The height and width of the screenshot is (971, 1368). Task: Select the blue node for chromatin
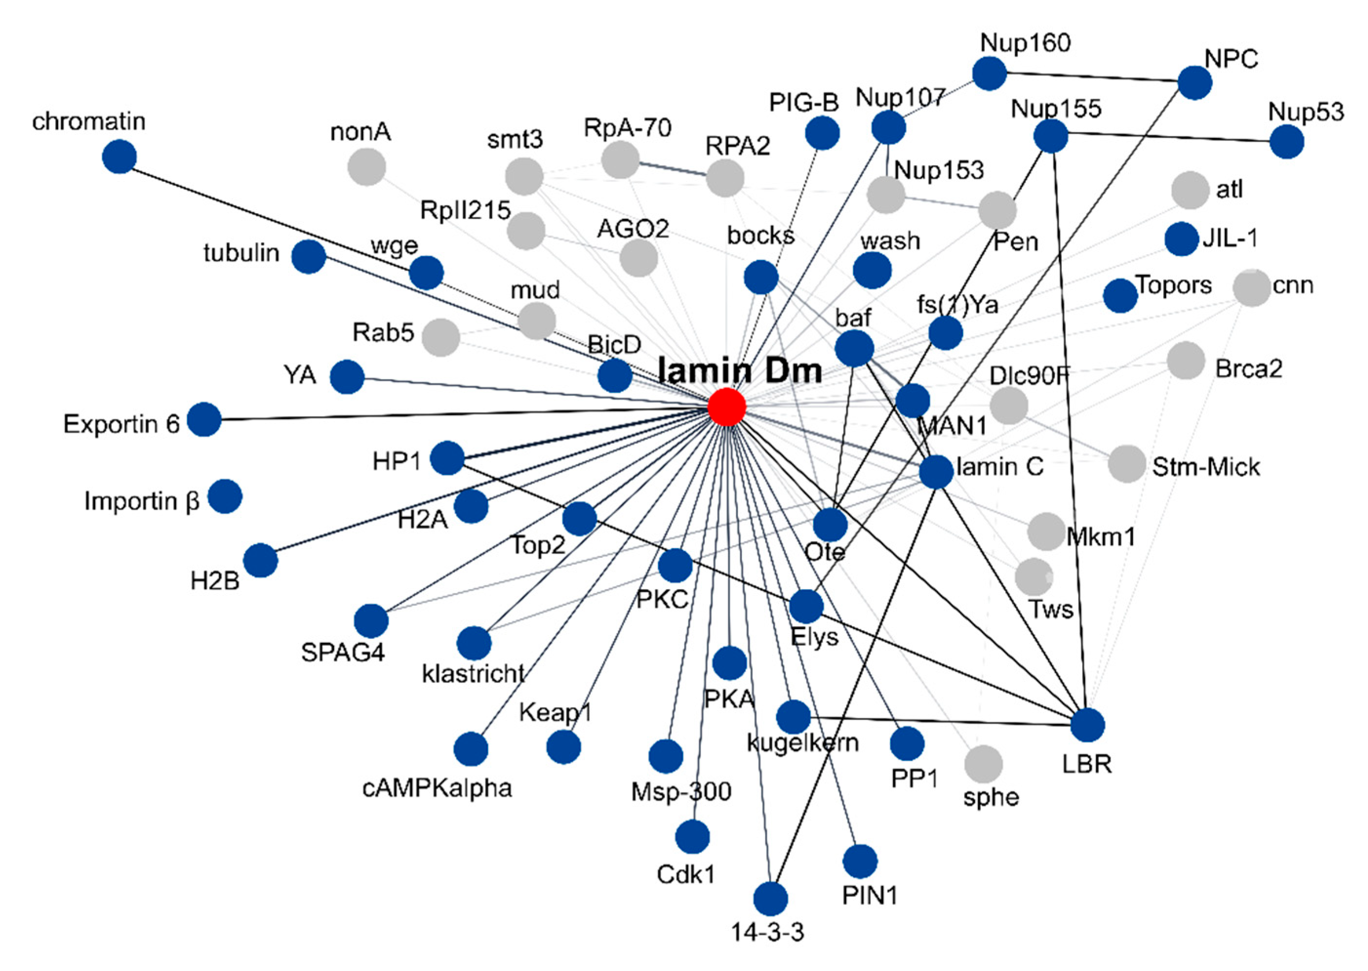tap(119, 157)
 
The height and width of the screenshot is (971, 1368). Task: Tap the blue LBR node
tap(1087, 725)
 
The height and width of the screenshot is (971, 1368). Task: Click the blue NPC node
tap(1194, 82)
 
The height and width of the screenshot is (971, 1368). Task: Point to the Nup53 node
tap(1287, 142)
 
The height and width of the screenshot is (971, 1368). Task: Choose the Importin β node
tap(225, 496)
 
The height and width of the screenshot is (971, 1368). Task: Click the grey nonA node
tap(366, 167)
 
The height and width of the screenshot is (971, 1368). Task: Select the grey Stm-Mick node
tap(1127, 463)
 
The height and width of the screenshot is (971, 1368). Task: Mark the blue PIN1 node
tap(860, 862)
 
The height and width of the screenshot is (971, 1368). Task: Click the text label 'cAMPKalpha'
tap(437, 788)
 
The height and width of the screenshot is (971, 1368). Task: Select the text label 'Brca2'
tap(1249, 368)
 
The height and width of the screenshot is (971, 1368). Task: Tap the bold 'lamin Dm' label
tap(740, 371)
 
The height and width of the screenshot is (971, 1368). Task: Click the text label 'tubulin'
tap(241, 253)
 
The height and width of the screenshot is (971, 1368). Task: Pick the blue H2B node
tap(260, 561)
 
